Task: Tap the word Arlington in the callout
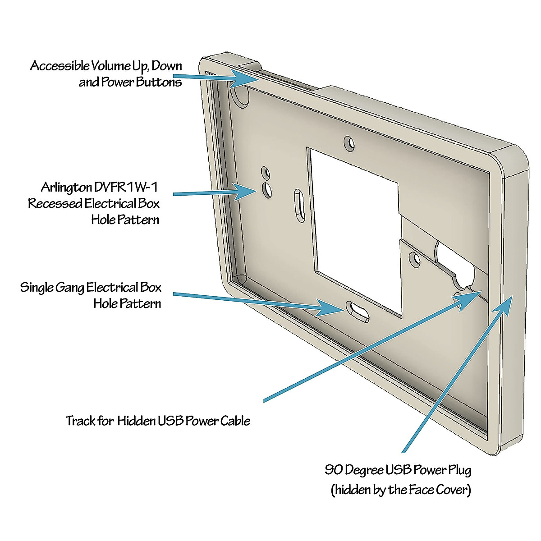pyautogui.click(x=66, y=187)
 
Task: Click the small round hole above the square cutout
pyautogui.click(x=349, y=143)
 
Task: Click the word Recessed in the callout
pyautogui.click(x=55, y=203)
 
